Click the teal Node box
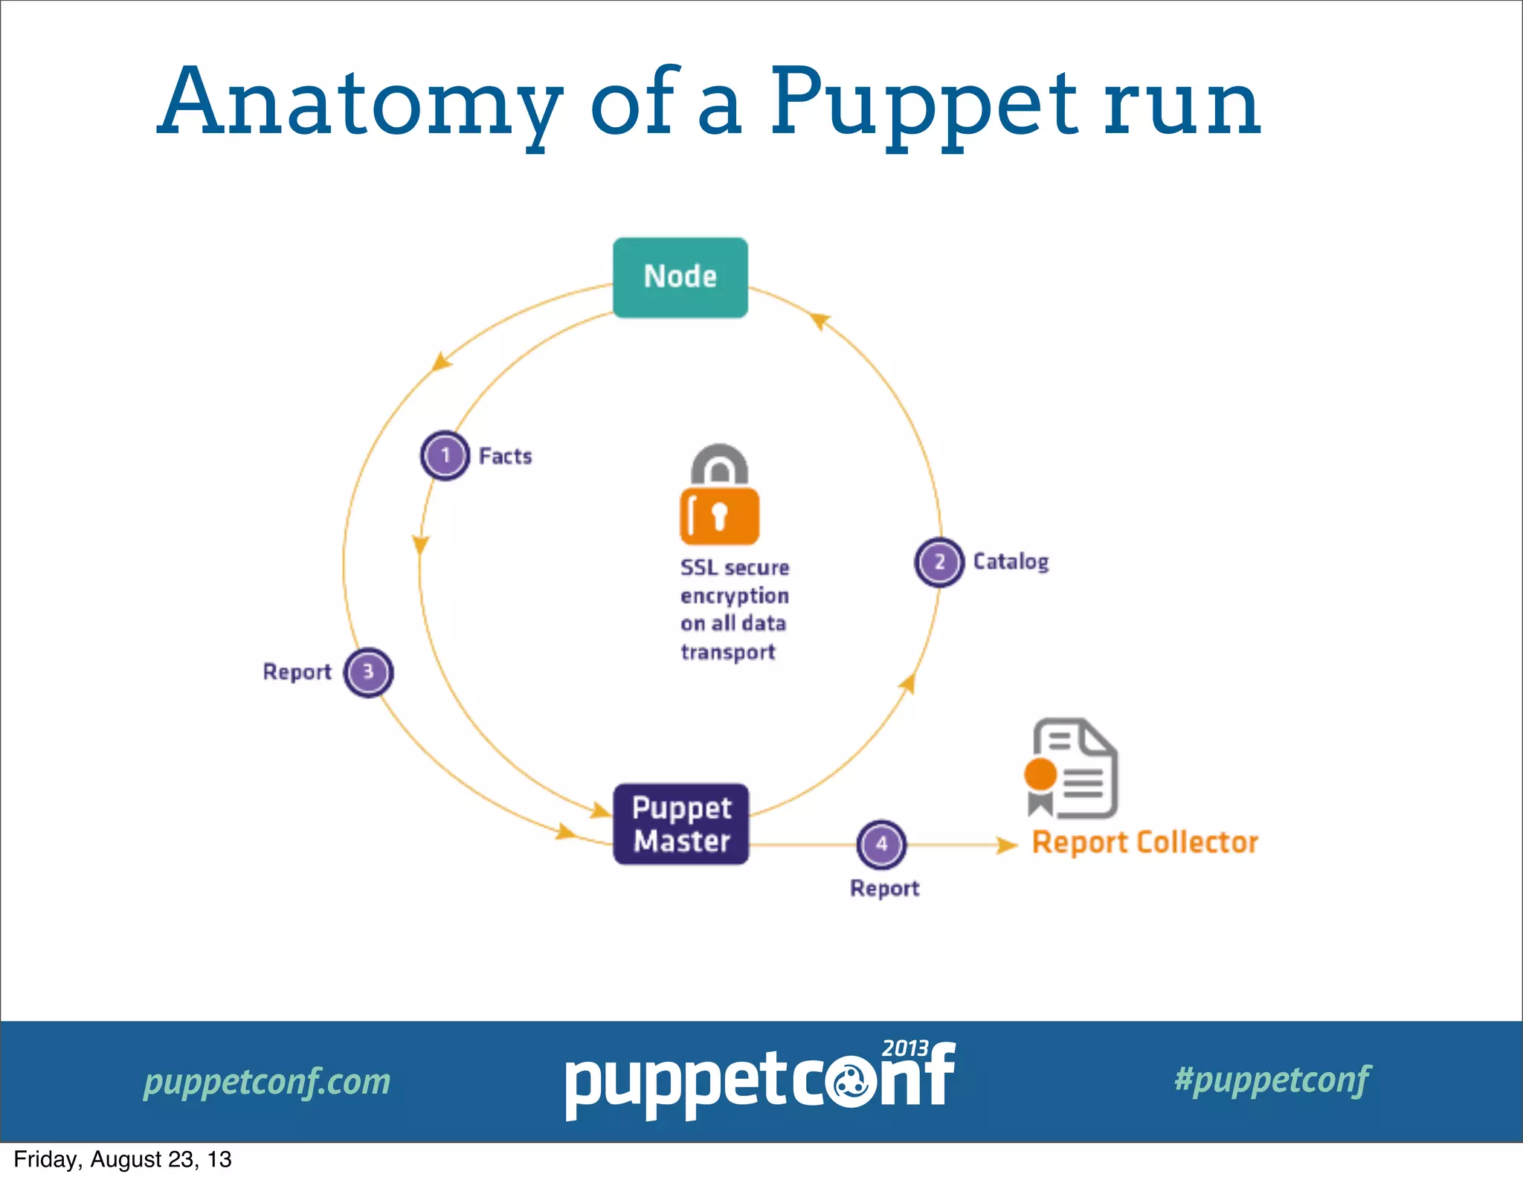point(680,277)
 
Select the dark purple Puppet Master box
point(680,824)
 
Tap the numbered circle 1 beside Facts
point(445,455)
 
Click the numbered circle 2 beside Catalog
point(939,562)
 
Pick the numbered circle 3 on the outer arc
point(368,672)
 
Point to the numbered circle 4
point(881,845)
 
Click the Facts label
point(506,456)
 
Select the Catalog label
point(1011,562)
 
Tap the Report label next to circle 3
point(297,672)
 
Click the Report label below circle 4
point(884,889)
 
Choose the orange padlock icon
point(719,495)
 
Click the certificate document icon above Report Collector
point(1072,769)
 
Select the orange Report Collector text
point(1144,843)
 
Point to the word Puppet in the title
point(922,104)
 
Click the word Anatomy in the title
point(361,104)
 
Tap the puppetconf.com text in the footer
point(267,1081)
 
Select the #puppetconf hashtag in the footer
point(1272,1080)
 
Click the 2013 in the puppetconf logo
point(904,1048)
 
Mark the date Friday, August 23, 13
point(123,1160)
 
